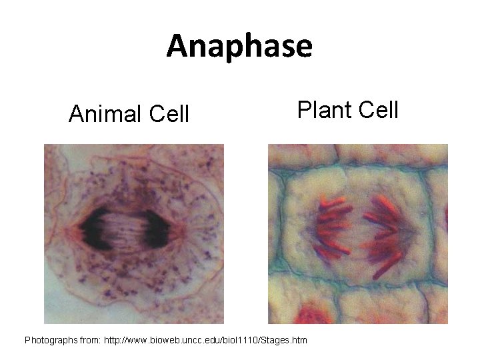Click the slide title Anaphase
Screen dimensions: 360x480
click(x=239, y=46)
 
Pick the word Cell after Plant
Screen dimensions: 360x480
click(x=378, y=108)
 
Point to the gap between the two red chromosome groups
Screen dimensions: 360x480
click(x=357, y=230)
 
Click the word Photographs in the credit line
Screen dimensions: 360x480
click(x=53, y=340)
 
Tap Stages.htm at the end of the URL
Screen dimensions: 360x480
click(x=285, y=340)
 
